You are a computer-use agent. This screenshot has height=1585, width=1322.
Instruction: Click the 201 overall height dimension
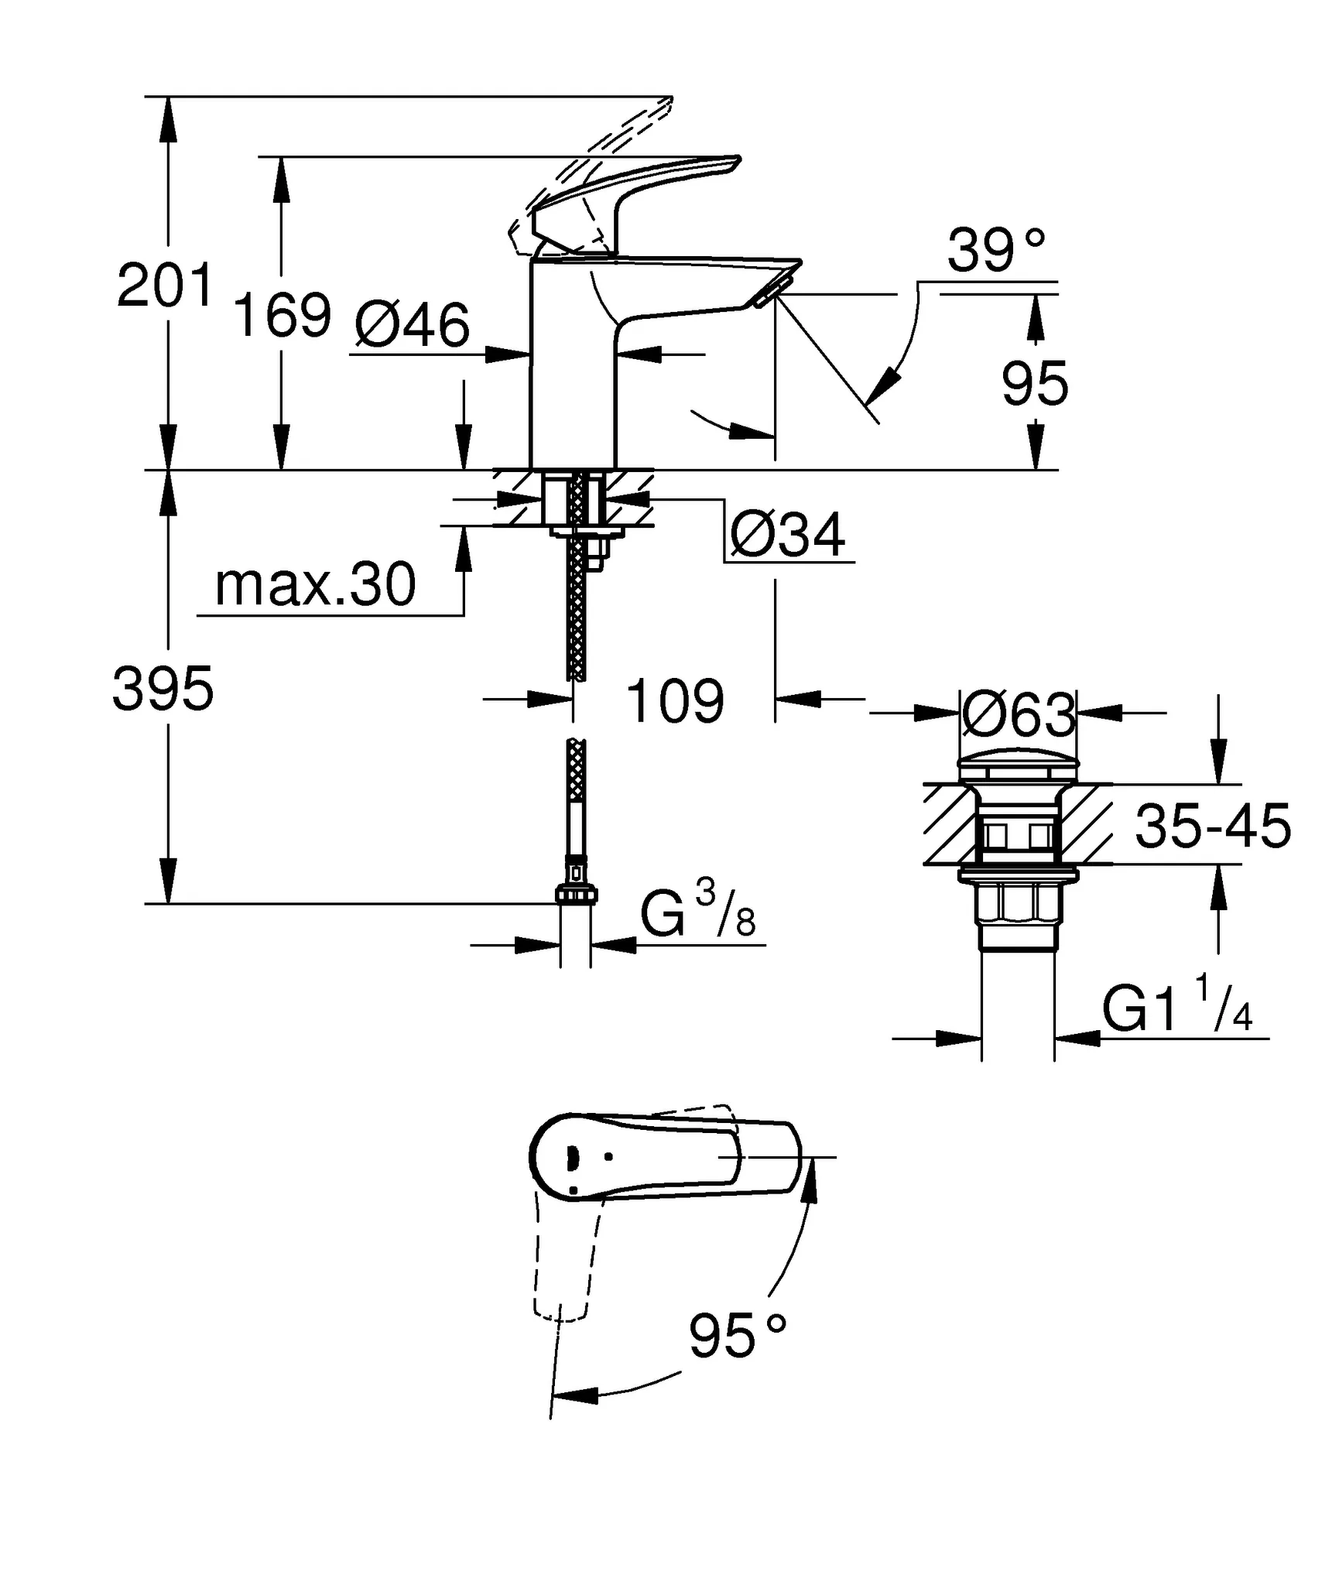164,286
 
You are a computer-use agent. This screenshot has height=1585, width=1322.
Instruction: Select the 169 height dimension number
282,315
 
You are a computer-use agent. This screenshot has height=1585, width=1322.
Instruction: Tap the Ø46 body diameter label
413,325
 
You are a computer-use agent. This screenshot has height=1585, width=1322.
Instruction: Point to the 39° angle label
996,250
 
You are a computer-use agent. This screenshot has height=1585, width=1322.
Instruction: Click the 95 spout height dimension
1035,384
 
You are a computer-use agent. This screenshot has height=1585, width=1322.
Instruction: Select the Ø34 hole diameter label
788,535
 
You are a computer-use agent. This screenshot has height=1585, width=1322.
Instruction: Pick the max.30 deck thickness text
315,585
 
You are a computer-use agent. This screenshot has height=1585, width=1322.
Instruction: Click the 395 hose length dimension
163,689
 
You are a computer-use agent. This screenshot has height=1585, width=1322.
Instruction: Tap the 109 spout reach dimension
674,701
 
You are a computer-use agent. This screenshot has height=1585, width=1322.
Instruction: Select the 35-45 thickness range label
1213,826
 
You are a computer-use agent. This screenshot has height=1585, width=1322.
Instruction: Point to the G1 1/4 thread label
1176,1007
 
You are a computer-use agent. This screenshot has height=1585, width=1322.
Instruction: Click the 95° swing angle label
737,1336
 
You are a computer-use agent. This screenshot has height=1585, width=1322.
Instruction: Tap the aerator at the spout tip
770,293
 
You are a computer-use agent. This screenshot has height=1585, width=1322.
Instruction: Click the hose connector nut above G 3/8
577,895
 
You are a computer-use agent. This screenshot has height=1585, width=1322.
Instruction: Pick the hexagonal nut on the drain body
1018,902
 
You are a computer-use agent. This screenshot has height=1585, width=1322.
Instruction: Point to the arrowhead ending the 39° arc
883,386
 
